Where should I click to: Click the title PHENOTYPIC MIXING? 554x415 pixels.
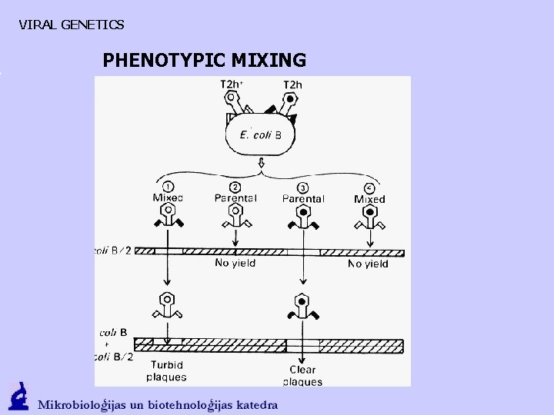[204, 60]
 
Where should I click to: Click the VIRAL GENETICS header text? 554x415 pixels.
[71, 25]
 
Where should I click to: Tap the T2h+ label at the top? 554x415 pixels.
[232, 84]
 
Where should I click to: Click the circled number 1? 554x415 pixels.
[168, 187]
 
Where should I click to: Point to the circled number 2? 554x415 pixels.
[235, 187]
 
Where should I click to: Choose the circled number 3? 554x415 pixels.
[303, 187]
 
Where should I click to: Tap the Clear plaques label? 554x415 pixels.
[302, 376]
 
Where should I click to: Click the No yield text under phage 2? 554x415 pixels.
[235, 263]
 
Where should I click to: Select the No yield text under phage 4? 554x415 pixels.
[368, 264]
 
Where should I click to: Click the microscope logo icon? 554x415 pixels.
[18, 397]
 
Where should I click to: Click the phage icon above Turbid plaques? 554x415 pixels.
[166, 306]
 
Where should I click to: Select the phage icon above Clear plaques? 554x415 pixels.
[302, 306]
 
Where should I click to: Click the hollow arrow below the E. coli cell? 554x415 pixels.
[262, 164]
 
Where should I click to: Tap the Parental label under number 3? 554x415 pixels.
[303, 198]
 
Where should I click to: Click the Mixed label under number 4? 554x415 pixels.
[369, 199]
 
